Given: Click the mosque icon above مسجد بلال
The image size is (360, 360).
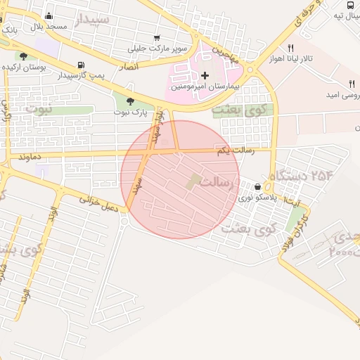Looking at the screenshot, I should (x=49, y=16).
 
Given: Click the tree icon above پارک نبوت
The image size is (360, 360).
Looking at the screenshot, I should (x=131, y=102).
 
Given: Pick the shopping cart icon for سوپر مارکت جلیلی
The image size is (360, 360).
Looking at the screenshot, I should (x=156, y=39).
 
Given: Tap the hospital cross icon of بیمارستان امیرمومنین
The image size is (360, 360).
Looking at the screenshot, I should (x=205, y=75).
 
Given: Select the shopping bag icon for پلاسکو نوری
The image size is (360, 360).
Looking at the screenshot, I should (x=259, y=187).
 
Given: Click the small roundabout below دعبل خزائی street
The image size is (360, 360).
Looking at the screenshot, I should (x=123, y=224).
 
